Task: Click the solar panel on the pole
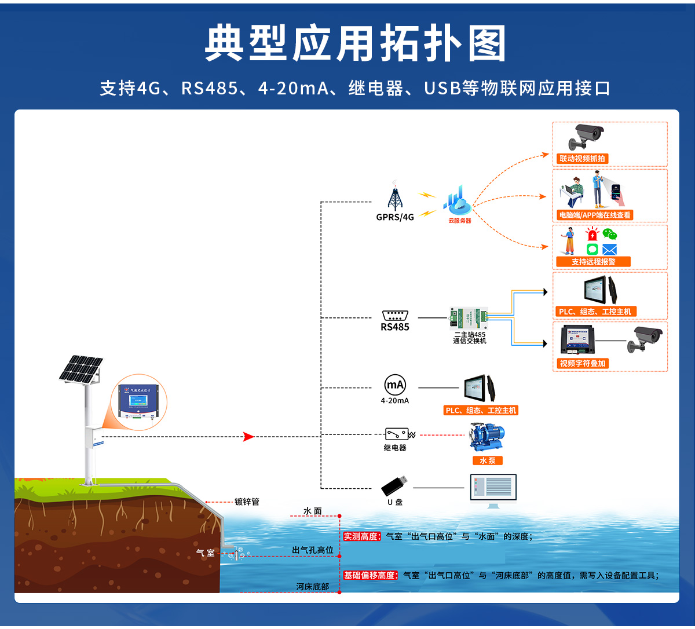pos(81,369)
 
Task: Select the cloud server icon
pos(459,200)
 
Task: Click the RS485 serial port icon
pos(395,316)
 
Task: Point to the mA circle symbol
pos(395,385)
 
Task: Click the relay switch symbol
pos(396,434)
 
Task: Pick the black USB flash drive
pos(394,487)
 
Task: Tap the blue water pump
pos(487,437)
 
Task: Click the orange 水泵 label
pos(488,460)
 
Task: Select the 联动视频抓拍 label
pos(582,159)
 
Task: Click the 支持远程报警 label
pos(593,262)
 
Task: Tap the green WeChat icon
pos(609,235)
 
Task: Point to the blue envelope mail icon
pos(609,250)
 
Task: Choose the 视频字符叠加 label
pos(582,364)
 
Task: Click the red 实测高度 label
pos(361,536)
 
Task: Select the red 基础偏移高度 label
pos(370,575)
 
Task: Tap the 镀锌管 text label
pos(247,502)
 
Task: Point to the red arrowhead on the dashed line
pos(249,437)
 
